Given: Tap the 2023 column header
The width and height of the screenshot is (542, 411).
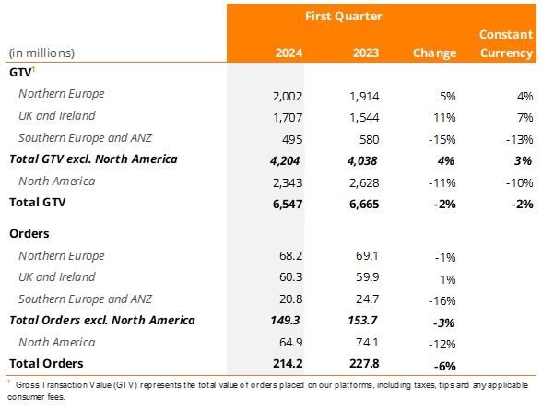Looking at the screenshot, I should point(353,53).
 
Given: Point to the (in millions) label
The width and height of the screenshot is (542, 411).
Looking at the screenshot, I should point(41,53).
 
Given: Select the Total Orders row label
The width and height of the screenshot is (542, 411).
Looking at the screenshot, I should point(47,363).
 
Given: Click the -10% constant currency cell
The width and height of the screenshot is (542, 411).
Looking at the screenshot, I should point(517,181).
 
